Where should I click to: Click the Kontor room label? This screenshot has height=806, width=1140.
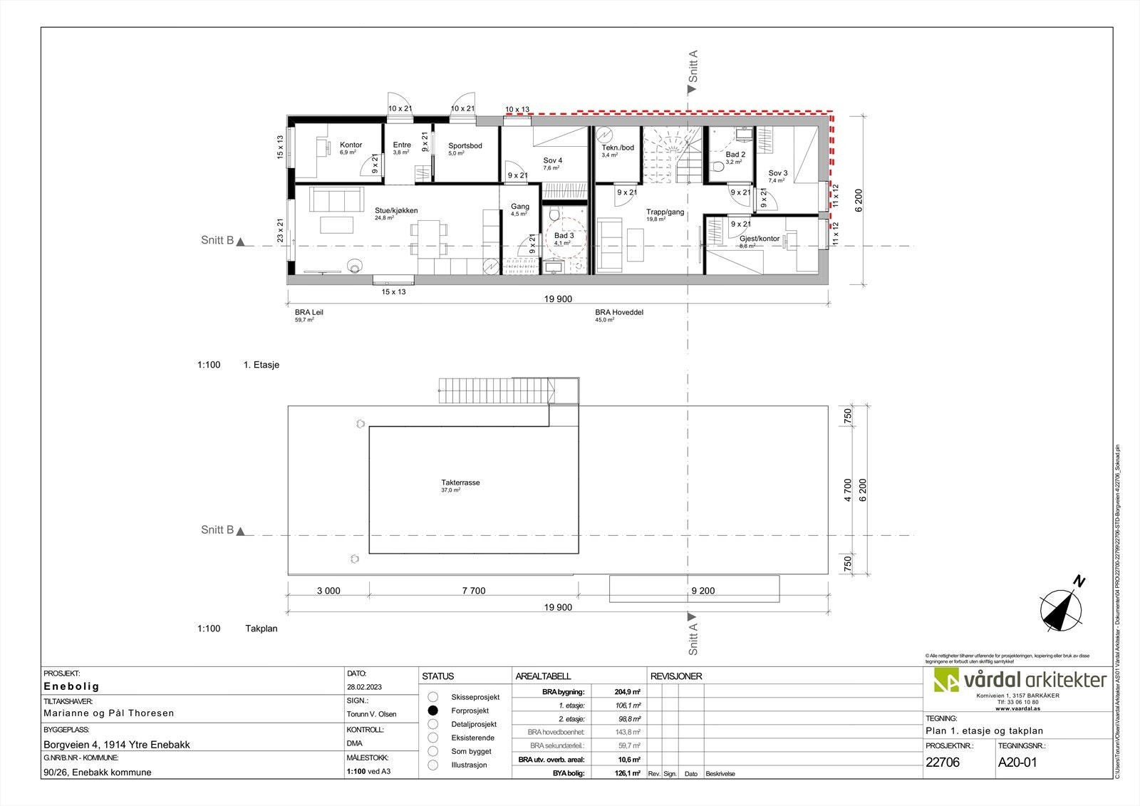point(351,145)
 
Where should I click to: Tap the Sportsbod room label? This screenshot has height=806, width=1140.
point(465,145)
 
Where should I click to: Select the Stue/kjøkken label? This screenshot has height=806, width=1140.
point(395,210)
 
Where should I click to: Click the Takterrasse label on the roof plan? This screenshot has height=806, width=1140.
point(460,482)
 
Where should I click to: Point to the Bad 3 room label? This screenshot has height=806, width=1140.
point(564,235)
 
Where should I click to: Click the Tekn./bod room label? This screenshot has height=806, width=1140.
point(617,148)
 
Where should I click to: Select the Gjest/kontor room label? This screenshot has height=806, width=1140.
point(760,239)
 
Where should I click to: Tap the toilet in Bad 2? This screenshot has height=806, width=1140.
point(717,167)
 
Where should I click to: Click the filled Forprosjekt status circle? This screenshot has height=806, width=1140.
point(432,711)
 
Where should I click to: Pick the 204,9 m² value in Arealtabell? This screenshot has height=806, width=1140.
point(627,691)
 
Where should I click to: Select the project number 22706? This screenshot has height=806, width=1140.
point(942,762)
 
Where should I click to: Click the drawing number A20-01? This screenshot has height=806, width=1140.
point(1017,762)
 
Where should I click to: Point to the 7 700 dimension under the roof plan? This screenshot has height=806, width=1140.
point(473,590)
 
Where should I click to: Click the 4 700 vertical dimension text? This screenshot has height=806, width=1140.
point(848,490)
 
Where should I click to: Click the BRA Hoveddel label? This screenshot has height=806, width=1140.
point(619,312)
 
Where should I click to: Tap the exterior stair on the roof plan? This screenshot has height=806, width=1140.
point(497,390)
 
